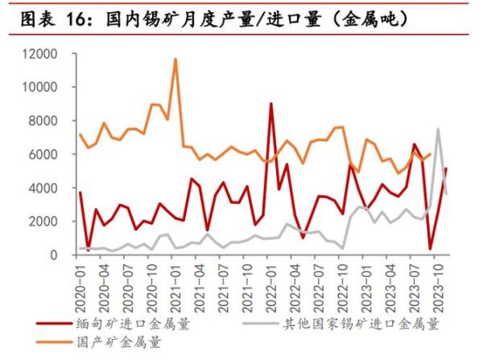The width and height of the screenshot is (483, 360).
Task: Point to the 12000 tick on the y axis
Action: (39, 54)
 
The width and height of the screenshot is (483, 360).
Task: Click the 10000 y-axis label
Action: (39, 87)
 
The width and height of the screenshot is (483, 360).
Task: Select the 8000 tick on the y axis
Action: (43, 121)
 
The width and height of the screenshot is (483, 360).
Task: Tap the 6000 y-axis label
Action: (43, 154)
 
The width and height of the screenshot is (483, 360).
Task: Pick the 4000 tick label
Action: (43, 188)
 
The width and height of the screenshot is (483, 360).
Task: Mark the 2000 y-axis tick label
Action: (43, 221)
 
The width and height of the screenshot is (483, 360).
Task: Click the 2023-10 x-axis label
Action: (435, 284)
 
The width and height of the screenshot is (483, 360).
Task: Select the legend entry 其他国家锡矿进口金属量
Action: (362, 325)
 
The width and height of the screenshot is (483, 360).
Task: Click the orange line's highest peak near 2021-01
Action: (175, 59)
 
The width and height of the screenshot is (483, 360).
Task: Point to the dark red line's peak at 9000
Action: (270, 104)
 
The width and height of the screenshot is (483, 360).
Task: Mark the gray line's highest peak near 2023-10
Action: (438, 129)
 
